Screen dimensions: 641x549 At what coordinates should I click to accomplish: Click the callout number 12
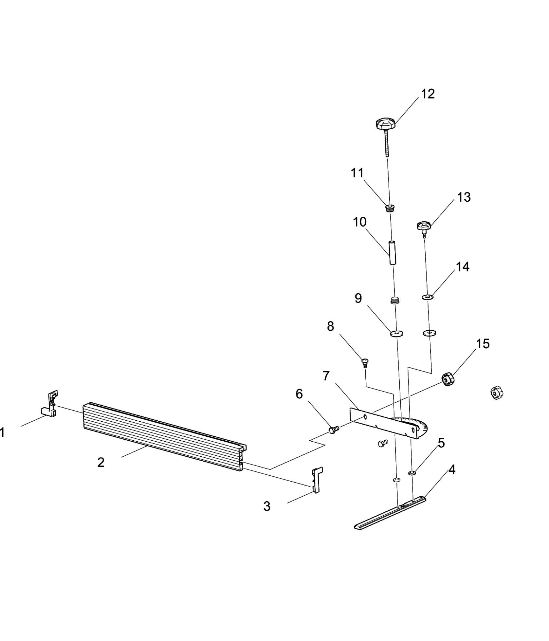(x=428, y=94)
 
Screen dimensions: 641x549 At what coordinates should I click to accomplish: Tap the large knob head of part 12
(x=385, y=124)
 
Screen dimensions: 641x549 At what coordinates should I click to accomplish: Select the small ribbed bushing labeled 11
(x=390, y=208)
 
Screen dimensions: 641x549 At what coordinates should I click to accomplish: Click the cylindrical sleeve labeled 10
(x=392, y=252)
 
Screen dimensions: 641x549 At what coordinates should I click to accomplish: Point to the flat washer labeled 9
(x=396, y=334)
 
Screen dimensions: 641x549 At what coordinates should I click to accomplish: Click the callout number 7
(x=326, y=376)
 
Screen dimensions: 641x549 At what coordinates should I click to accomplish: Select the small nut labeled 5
(x=412, y=473)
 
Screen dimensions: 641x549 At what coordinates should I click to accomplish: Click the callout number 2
(x=101, y=462)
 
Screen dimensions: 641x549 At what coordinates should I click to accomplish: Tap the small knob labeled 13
(x=424, y=226)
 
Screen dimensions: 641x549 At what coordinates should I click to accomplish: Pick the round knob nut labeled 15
(x=448, y=379)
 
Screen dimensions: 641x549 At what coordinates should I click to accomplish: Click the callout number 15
(x=483, y=344)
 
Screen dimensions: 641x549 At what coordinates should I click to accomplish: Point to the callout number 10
(x=359, y=222)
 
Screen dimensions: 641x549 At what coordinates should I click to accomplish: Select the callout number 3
(x=267, y=506)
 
